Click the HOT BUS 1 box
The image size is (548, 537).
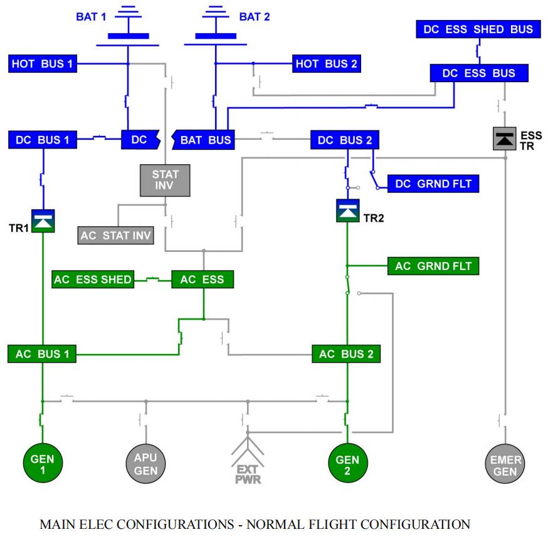(x=43, y=63)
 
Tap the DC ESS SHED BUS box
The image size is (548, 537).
(x=478, y=29)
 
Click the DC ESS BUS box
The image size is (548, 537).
(x=478, y=73)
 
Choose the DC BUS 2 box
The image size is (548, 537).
(x=344, y=140)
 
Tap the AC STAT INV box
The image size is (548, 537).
(x=115, y=236)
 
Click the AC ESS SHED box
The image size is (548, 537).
(x=93, y=279)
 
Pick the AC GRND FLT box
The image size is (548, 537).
(x=433, y=266)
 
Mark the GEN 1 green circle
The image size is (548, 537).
(x=43, y=464)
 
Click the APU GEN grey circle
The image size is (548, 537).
(x=145, y=464)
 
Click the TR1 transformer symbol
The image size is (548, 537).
(x=43, y=221)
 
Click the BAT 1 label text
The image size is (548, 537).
(x=91, y=17)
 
